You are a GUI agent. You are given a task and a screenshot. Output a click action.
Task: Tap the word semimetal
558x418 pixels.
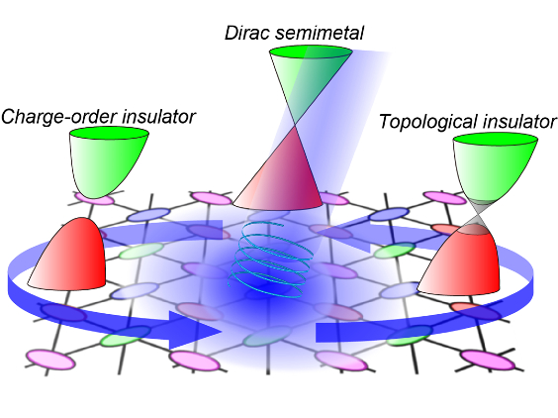pyautogui.click(x=320, y=33)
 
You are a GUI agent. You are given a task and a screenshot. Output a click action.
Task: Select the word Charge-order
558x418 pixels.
pyautogui.click(x=58, y=117)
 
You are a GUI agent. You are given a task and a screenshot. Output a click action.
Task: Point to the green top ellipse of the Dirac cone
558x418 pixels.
pyautogui.click(x=311, y=52)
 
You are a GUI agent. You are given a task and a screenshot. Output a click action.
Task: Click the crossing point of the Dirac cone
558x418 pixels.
pyautogui.click(x=295, y=125)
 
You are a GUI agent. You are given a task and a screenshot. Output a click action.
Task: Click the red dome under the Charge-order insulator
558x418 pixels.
pyautogui.click(x=70, y=255)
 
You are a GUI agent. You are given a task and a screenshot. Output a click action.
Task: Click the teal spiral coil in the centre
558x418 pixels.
pyautogui.click(x=271, y=260)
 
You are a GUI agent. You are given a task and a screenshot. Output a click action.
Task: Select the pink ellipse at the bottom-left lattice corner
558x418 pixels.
pyautogui.click(x=51, y=361)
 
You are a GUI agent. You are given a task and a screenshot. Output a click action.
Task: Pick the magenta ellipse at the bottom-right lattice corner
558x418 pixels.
pyautogui.click(x=488, y=360)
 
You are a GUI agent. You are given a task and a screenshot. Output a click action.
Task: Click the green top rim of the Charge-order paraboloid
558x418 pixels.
pyautogui.click(x=109, y=134)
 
